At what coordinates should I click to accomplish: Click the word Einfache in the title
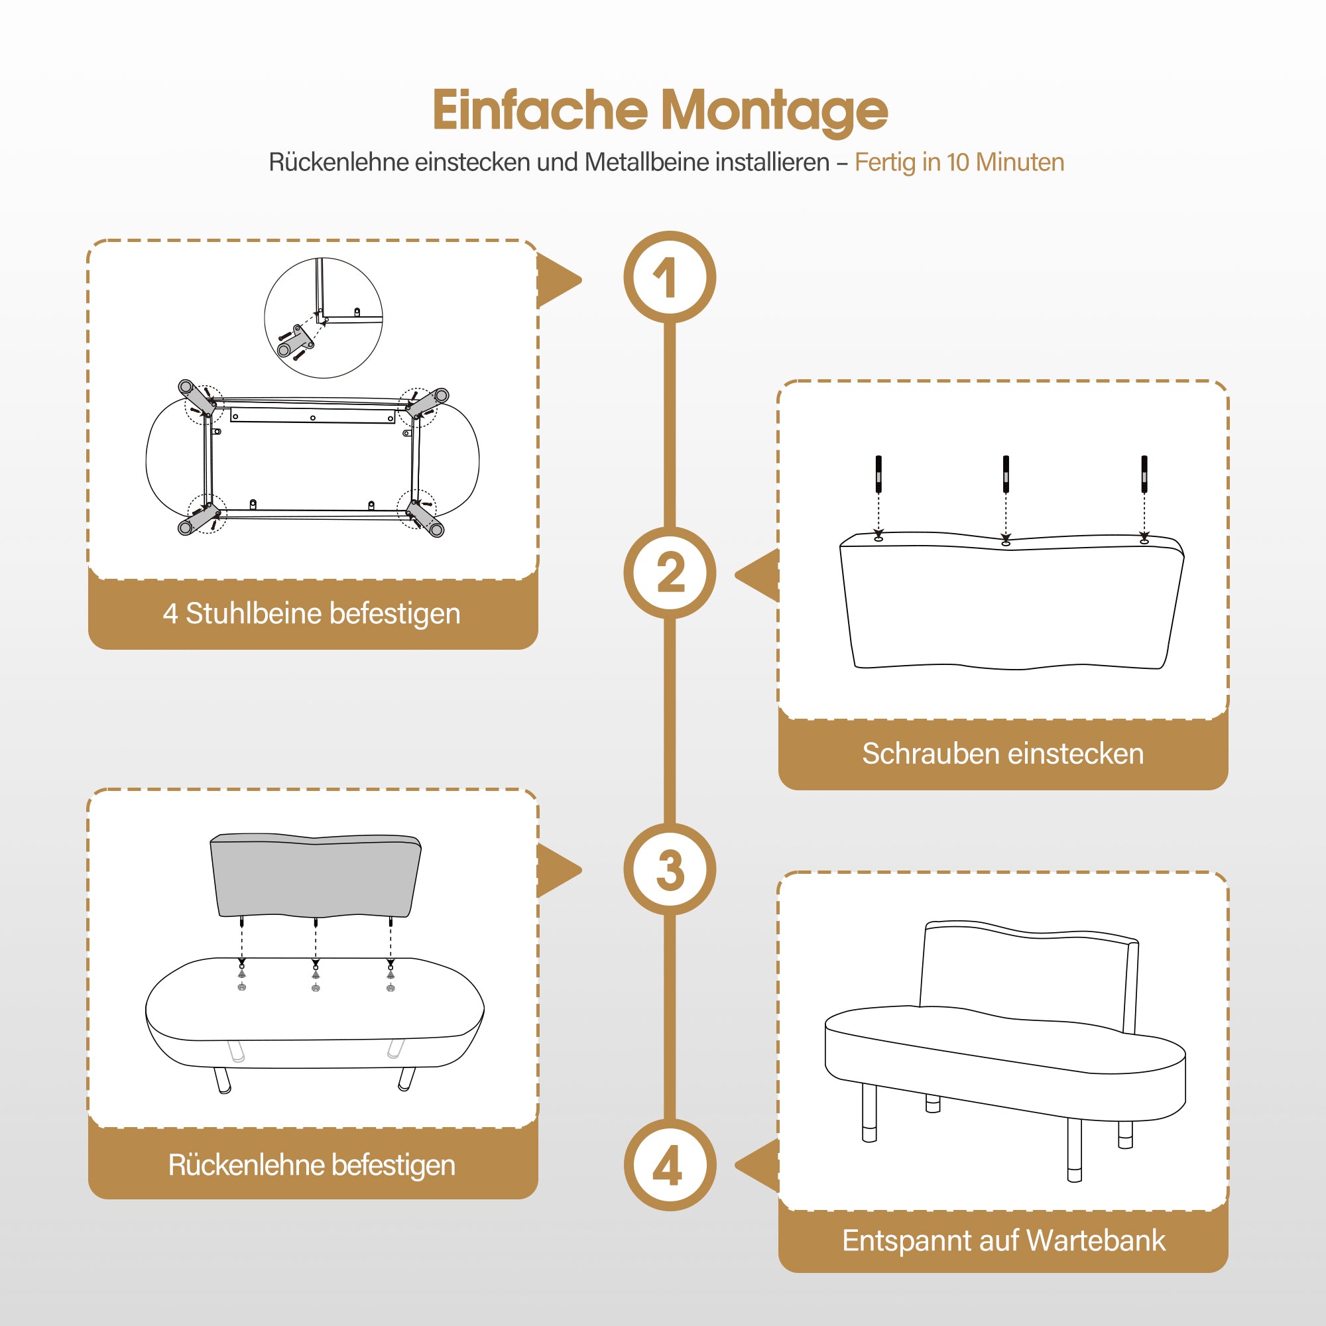(540, 110)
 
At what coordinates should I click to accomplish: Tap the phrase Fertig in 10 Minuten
(959, 162)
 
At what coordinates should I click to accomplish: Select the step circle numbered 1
(670, 277)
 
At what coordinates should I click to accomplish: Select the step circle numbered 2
(670, 573)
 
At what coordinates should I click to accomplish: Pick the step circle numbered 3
(670, 869)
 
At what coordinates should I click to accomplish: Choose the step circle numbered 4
(670, 1165)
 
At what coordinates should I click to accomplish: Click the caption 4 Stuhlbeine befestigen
(312, 613)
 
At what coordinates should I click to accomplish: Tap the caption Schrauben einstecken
(1002, 754)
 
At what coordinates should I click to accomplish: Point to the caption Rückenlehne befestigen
(312, 1165)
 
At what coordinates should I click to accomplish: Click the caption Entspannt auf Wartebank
(1003, 1240)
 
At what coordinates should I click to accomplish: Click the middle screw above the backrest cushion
(1006, 473)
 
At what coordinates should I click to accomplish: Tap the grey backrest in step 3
(316, 875)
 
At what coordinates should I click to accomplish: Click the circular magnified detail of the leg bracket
(324, 318)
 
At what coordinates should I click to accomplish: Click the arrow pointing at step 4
(757, 1165)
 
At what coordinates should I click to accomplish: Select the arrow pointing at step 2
(757, 575)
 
